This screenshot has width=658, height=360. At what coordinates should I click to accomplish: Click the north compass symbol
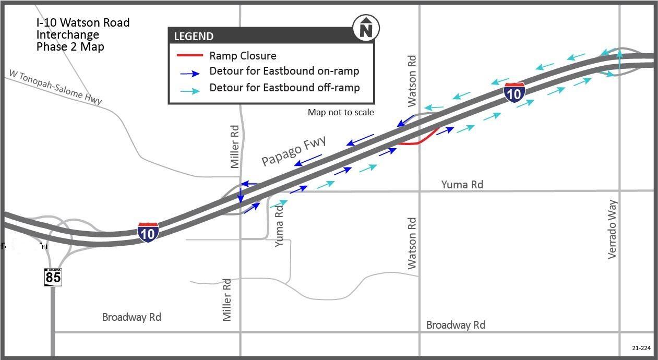pos(366,28)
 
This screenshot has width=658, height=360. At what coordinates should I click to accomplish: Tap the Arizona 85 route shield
pos(53,277)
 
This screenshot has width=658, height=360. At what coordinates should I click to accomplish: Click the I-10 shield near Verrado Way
pos(514,92)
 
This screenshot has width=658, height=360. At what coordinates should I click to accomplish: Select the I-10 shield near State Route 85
pos(148,232)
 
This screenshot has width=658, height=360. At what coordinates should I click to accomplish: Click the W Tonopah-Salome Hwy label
pos(55,87)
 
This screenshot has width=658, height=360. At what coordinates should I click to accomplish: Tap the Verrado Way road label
pos(612,229)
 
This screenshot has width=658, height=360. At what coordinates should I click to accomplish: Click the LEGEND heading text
pos(194,37)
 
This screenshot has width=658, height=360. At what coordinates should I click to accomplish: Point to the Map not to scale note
pos(341,112)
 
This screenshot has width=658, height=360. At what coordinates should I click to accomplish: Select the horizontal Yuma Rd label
pos(462,185)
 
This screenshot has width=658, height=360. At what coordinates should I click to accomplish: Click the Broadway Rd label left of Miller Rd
pos(131,317)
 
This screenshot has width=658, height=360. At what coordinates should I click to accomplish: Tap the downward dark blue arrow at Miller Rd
pos(241,195)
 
